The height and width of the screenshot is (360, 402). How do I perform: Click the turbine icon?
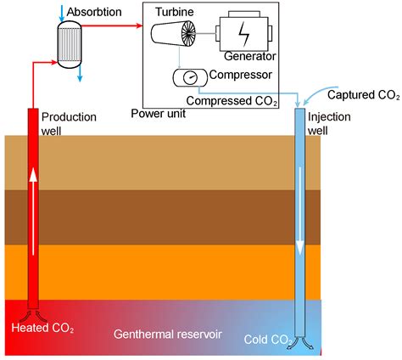coord(178,40)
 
